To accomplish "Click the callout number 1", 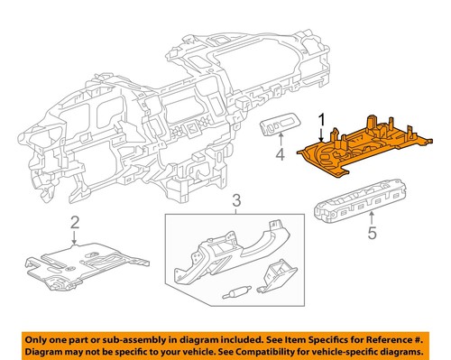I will (x=319, y=118).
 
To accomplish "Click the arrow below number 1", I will (x=319, y=134).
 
